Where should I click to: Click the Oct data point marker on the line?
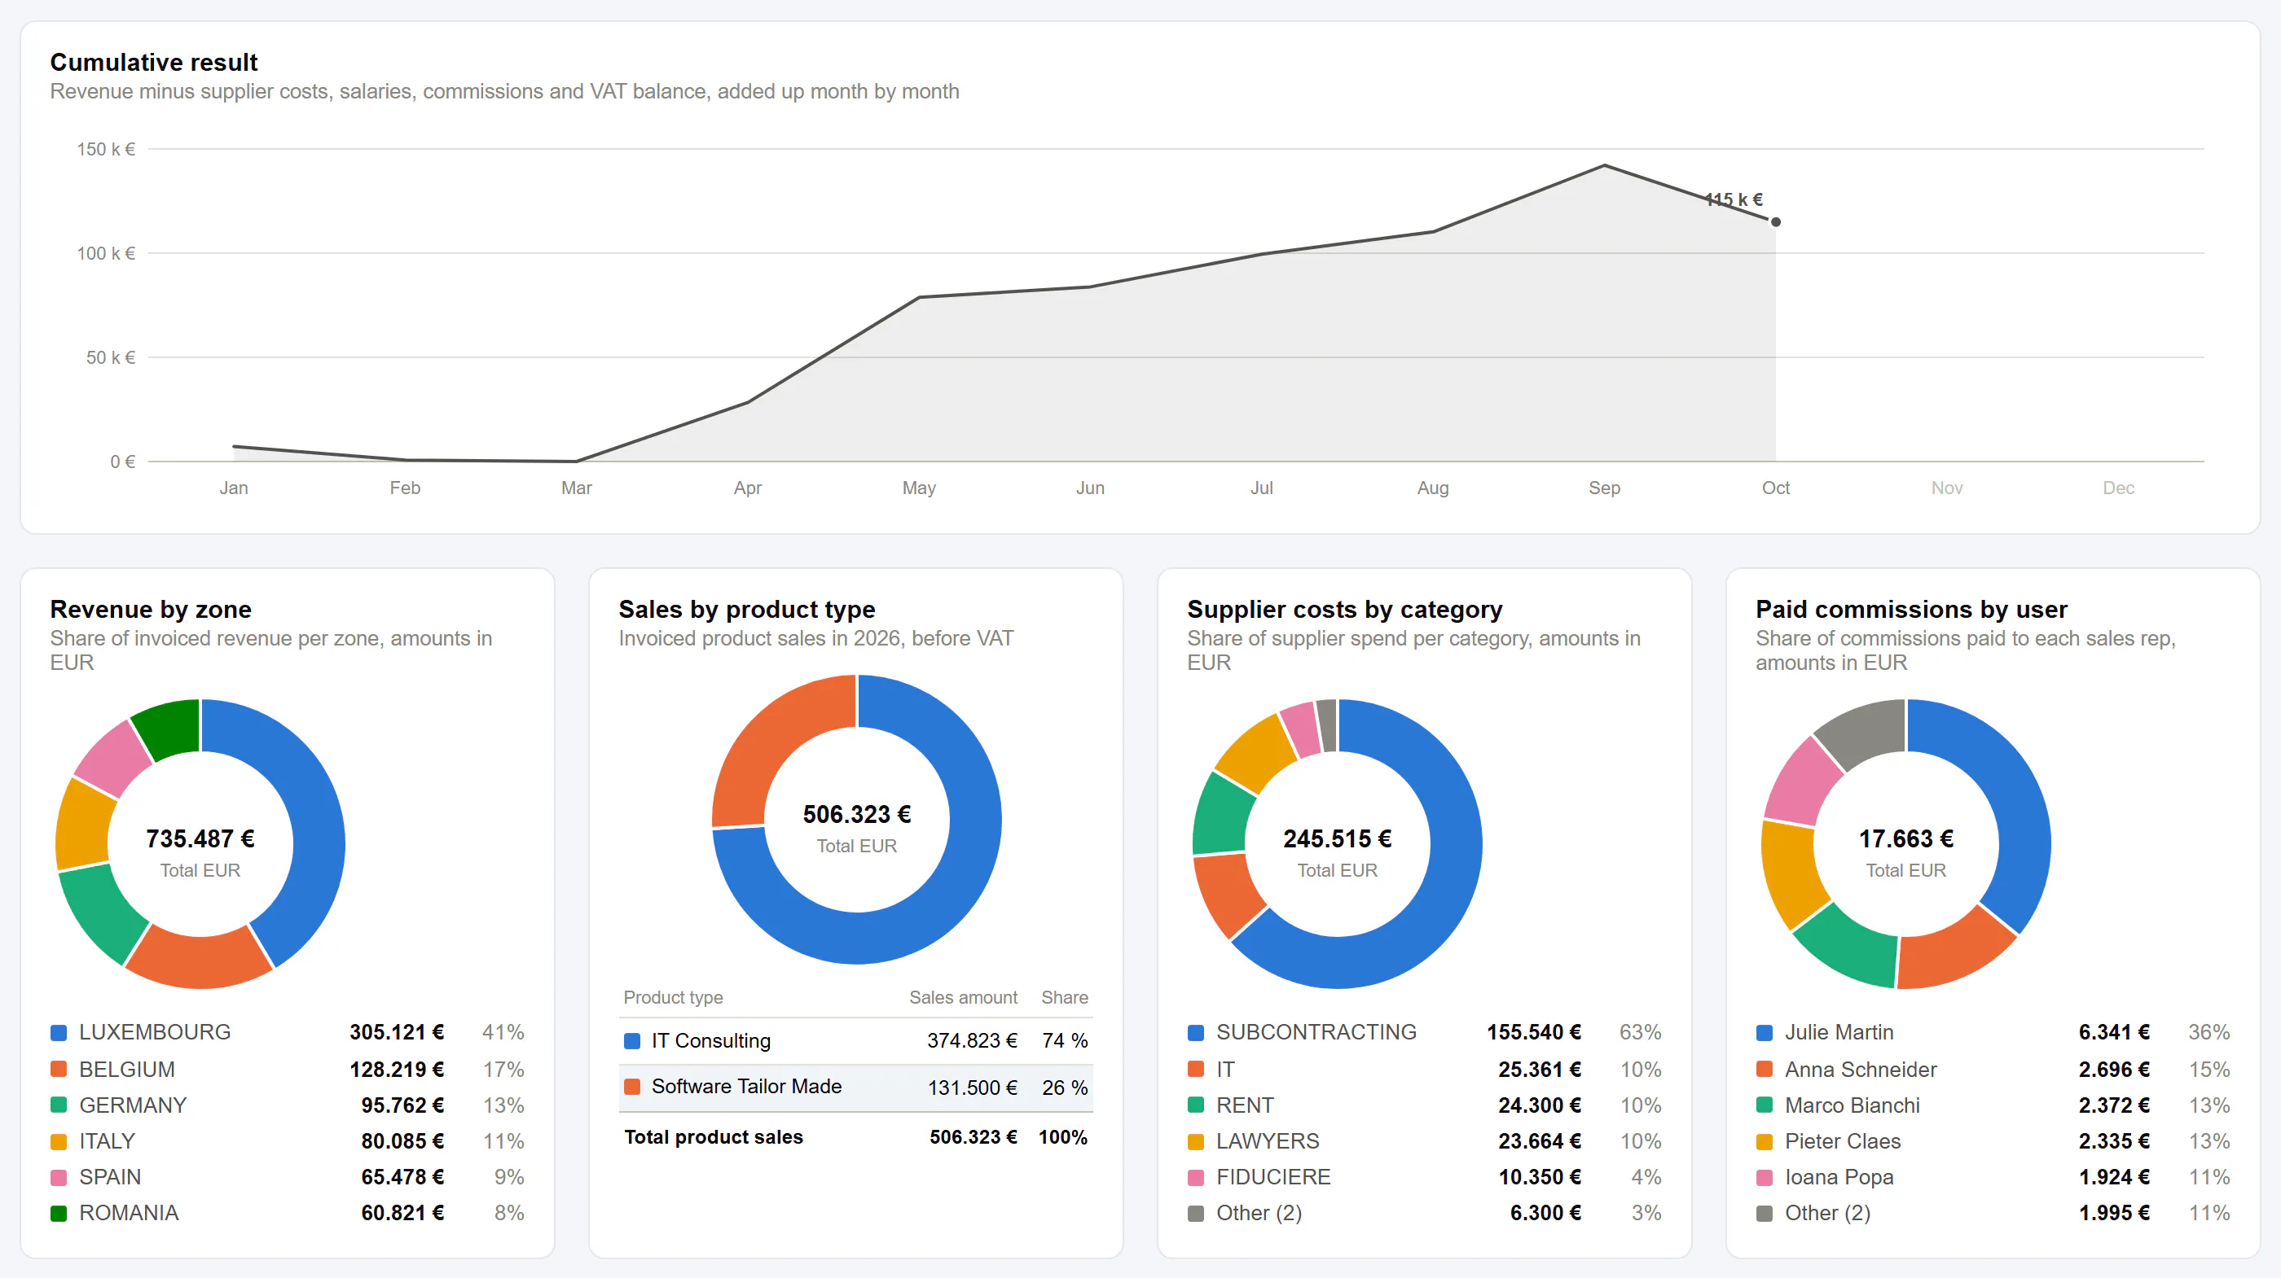tap(1775, 222)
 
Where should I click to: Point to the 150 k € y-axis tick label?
tap(106, 150)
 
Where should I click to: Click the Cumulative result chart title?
tap(154, 62)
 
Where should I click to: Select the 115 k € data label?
tap(1734, 199)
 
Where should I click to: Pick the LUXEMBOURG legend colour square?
tap(59, 1033)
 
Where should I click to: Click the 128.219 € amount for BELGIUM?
tap(397, 1069)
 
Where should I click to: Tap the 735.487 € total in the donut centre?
tap(200, 838)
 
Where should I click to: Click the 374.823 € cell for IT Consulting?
tap(972, 1041)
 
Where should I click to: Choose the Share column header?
tap(1065, 997)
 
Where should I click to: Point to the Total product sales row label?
tap(714, 1137)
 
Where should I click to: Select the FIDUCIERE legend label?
tap(1273, 1177)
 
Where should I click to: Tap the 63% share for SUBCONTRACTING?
tap(1640, 1033)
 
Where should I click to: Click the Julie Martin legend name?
tap(1839, 1033)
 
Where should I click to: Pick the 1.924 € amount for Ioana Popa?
tap(2115, 1177)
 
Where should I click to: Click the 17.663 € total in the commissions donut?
tap(1906, 838)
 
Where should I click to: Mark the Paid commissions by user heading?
tap(1912, 609)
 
